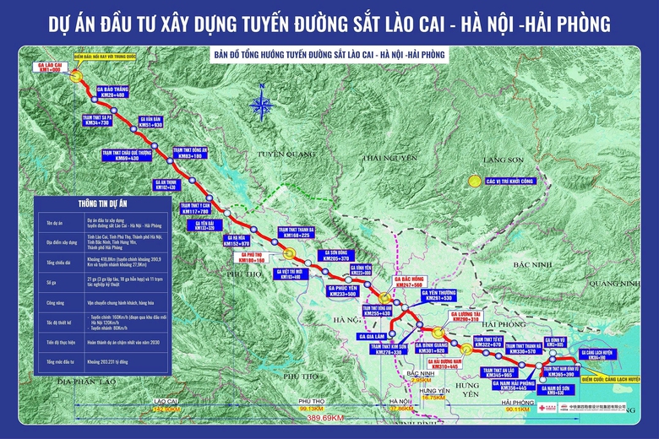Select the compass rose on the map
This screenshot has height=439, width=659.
tap(262, 107)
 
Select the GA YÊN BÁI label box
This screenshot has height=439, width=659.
tap(210, 225)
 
